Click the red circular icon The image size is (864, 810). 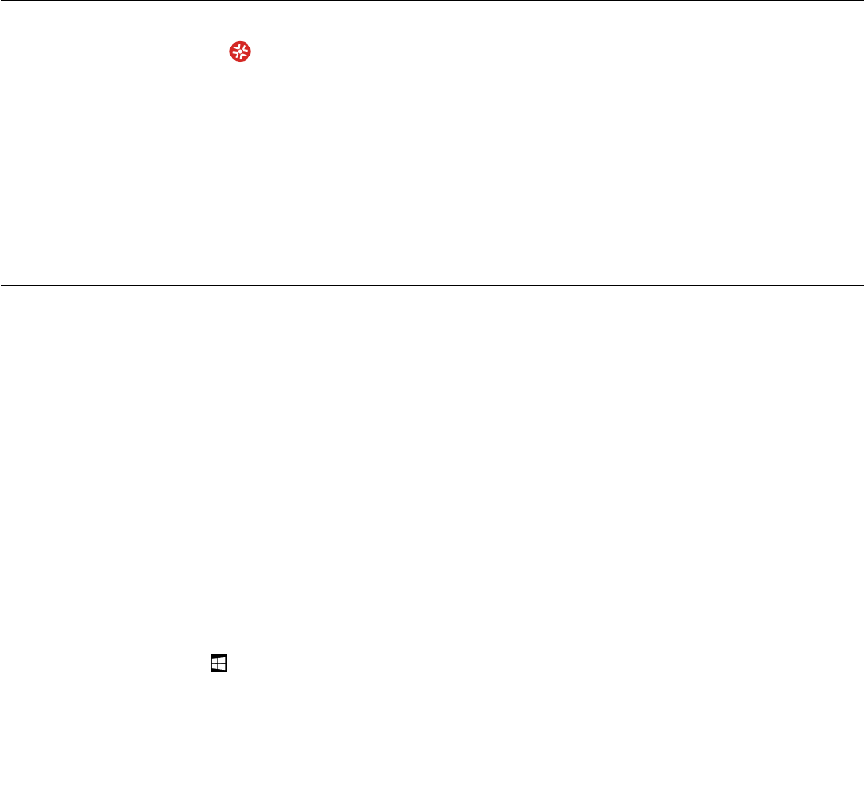click(x=240, y=54)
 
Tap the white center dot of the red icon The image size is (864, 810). click(x=240, y=54)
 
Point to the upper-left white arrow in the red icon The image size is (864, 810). click(x=236, y=49)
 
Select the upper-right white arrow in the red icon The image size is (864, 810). click(x=245, y=49)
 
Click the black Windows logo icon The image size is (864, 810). click(x=218, y=664)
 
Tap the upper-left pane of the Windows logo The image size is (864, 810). click(x=215, y=660)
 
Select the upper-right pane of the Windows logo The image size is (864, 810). click(x=221, y=660)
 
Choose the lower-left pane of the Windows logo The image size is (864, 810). click(x=215, y=668)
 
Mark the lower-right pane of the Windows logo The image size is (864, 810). click(x=221, y=668)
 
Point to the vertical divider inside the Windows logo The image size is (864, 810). click(x=218, y=664)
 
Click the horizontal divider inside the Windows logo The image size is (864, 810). click(x=218, y=664)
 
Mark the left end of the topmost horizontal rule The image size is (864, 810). click(x=2, y=1)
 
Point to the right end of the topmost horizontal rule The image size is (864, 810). click(x=861, y=1)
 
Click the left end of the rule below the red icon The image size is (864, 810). click(x=2, y=285)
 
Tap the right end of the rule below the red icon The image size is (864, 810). click(x=861, y=285)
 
